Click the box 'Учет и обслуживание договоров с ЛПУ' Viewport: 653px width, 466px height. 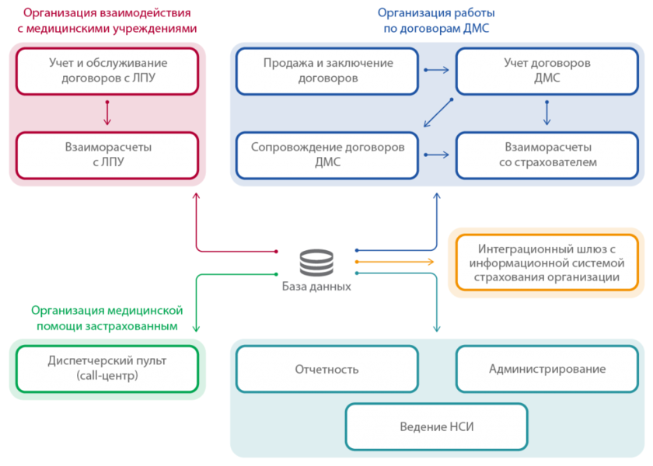107,71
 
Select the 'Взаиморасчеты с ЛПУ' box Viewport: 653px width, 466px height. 107,155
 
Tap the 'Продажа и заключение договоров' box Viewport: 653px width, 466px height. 327,71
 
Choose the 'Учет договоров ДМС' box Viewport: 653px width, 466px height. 547,71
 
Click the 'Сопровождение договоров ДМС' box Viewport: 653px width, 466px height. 327,155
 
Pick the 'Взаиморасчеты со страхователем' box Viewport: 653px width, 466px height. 547,155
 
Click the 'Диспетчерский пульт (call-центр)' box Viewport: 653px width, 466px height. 107,368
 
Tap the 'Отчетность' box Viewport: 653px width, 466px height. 327,369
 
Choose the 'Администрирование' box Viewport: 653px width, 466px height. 547,369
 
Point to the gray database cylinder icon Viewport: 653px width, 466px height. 317,263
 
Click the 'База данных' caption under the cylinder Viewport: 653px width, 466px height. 317,286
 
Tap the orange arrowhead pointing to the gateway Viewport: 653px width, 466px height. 431,263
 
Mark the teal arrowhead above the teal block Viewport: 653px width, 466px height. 437,329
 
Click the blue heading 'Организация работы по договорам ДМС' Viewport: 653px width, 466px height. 436,21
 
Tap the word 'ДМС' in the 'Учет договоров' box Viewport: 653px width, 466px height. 547,78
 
